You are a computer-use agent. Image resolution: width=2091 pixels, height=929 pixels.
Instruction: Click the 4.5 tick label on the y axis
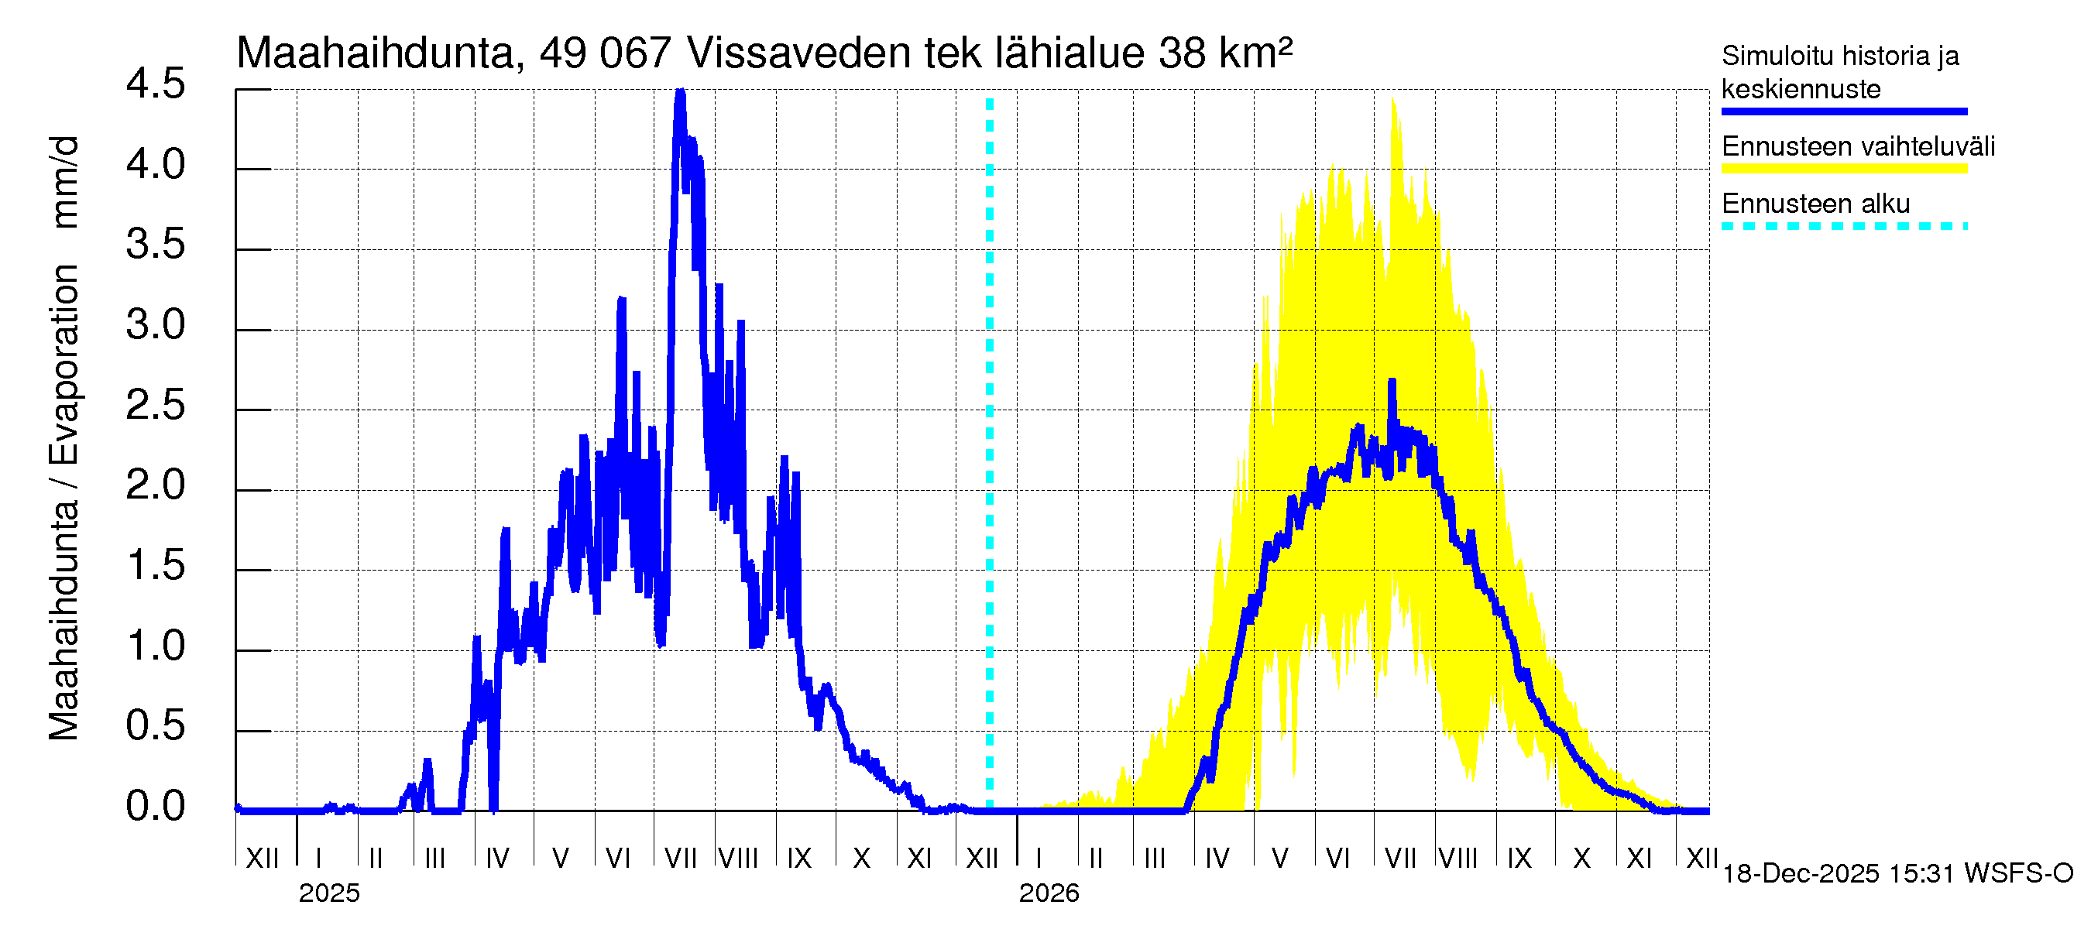pyautogui.click(x=155, y=84)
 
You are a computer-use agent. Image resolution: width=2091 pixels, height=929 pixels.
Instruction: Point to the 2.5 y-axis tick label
pyautogui.click(x=155, y=405)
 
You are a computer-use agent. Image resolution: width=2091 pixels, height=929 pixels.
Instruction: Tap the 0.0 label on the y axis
pyautogui.click(x=155, y=807)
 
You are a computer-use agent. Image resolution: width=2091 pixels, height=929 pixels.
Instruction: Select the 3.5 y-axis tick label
pyautogui.click(x=155, y=244)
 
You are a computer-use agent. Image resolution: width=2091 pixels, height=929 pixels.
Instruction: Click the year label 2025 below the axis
pyautogui.click(x=328, y=893)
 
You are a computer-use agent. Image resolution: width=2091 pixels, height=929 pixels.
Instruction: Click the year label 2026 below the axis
pyautogui.click(x=1049, y=893)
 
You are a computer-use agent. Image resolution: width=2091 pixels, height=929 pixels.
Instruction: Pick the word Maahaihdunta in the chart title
pyautogui.click(x=375, y=53)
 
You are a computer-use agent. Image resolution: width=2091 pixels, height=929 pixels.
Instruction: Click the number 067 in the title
pyautogui.click(x=635, y=53)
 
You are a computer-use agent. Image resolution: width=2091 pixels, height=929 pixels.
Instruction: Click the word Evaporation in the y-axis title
pyautogui.click(x=64, y=365)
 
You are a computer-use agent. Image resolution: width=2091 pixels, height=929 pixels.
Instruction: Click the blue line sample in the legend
pyautogui.click(x=1843, y=111)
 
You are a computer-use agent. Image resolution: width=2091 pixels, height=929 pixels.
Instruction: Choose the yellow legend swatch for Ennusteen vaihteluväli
pyautogui.click(x=1843, y=169)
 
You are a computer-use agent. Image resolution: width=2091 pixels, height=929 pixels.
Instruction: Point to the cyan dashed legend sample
pyautogui.click(x=1843, y=226)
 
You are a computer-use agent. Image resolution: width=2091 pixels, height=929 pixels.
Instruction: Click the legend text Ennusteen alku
pyautogui.click(x=1816, y=204)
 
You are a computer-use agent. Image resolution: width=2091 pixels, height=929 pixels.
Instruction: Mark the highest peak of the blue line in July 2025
pyautogui.click(x=680, y=92)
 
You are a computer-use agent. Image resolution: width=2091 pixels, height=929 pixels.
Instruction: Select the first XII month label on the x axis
pyautogui.click(x=262, y=858)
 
